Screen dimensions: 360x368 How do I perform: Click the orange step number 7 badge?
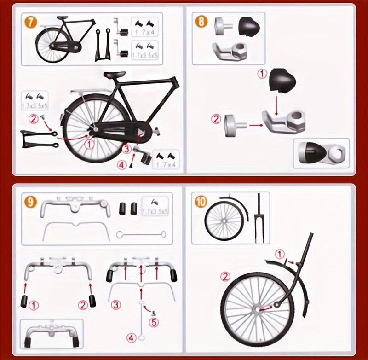tap(31, 23)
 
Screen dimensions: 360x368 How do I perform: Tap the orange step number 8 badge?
tap(201, 22)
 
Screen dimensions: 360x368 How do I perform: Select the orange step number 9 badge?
tap(30, 201)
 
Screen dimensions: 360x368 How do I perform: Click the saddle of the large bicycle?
tap(115, 75)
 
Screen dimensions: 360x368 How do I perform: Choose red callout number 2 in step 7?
tap(33, 118)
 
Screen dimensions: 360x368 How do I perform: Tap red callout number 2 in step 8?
tap(216, 119)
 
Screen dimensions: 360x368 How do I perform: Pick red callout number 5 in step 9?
tap(154, 322)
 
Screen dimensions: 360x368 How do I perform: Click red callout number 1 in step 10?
tap(280, 254)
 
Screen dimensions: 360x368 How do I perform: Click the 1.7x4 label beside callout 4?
tap(166, 163)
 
